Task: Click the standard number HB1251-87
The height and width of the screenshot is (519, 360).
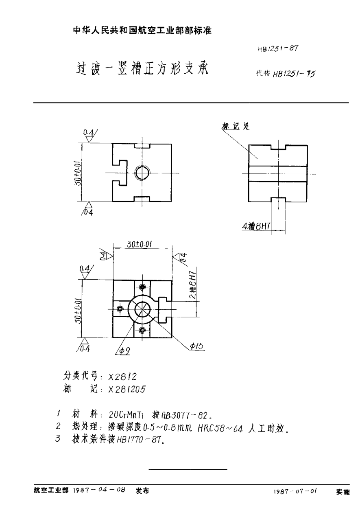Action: pos(278,48)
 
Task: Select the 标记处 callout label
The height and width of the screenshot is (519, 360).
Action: pos(236,126)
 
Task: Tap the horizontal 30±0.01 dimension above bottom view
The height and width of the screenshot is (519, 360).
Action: pos(140,245)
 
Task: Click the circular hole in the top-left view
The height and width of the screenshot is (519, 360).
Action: pos(142,173)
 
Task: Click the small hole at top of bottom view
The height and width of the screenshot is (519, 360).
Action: pos(142,288)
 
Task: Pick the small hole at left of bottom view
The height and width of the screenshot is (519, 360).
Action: pos(120,309)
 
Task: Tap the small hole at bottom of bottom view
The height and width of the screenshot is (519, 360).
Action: pos(142,329)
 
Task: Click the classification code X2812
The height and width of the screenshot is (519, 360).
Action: pos(125,377)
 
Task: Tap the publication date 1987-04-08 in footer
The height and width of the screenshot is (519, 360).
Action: pos(99,491)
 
